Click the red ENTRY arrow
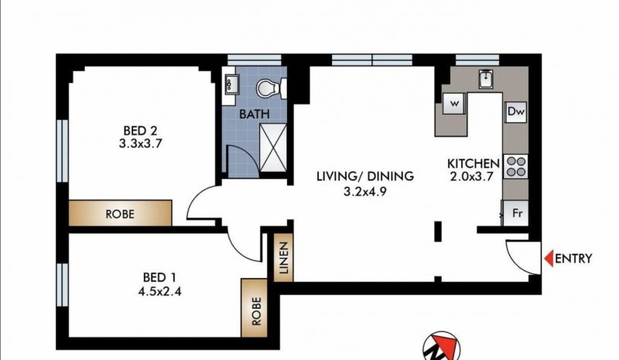click(549, 259)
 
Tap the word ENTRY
click(573, 259)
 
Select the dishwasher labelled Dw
click(516, 111)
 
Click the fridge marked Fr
click(515, 213)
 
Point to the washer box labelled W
click(454, 104)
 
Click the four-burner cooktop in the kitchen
click(516, 166)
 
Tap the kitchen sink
click(486, 79)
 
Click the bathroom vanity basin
click(230, 84)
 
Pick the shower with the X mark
click(273, 148)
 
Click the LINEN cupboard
click(283, 257)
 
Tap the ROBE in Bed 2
click(121, 213)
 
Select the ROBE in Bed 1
click(255, 308)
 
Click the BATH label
click(255, 115)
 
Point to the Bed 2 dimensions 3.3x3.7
click(141, 143)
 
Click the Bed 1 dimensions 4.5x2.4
click(159, 292)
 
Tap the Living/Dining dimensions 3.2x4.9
click(364, 192)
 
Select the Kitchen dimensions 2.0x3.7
click(472, 177)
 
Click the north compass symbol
click(441, 347)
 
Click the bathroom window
click(255, 60)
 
